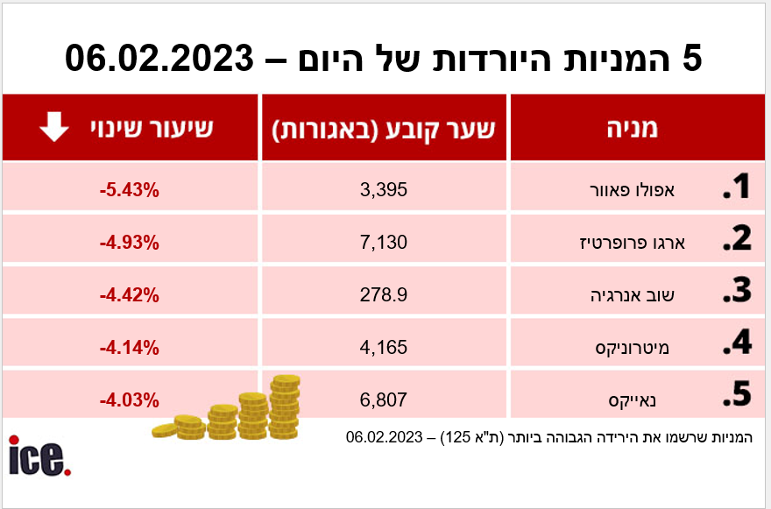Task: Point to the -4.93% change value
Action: (129, 243)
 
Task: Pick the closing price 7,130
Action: (385, 243)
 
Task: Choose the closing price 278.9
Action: (385, 295)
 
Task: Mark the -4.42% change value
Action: (129, 295)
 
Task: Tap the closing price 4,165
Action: (385, 348)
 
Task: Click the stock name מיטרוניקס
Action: (647, 349)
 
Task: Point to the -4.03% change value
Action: (129, 400)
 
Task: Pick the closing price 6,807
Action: (385, 400)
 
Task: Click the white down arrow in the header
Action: (54, 129)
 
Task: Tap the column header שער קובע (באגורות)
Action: (384, 129)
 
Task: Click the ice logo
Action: (39, 456)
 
